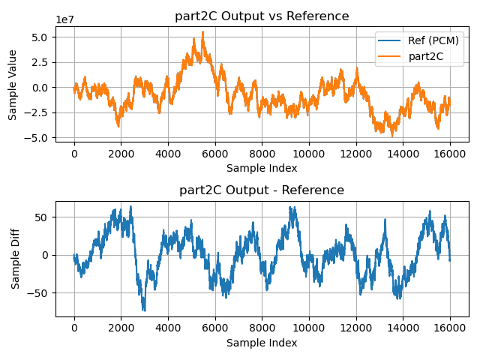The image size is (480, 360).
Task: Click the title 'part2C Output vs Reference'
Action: [x=262, y=16]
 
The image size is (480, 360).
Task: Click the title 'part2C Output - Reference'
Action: [x=262, y=190]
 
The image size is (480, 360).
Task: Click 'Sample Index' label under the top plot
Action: [x=262, y=168]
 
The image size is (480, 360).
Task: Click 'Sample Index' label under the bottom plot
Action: [x=262, y=343]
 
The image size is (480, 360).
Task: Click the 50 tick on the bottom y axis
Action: [x=43, y=217]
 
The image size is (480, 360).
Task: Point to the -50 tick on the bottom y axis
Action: [x=40, y=292]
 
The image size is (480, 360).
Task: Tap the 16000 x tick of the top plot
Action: [x=449, y=153]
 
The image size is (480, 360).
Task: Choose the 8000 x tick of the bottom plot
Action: [x=262, y=328]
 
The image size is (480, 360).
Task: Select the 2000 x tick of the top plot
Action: [x=121, y=153]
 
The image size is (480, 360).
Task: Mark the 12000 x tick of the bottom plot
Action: [x=355, y=328]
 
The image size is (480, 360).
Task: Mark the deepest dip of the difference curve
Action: [x=144, y=310]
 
